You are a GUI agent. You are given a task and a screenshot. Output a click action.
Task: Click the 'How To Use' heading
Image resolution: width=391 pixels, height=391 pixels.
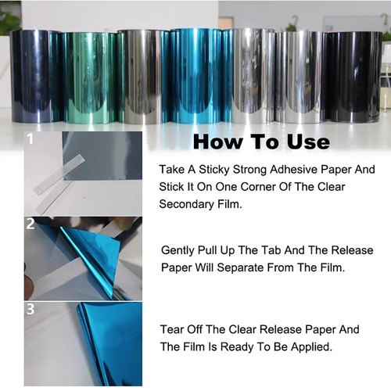(x=261, y=142)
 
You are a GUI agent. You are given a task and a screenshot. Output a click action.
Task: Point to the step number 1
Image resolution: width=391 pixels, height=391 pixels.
(x=30, y=141)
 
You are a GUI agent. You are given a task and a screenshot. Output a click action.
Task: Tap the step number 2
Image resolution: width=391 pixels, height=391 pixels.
(x=30, y=224)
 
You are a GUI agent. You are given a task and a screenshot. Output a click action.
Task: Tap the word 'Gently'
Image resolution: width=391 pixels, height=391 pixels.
(x=181, y=251)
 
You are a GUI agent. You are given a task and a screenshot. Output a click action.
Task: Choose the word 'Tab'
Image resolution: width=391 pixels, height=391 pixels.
(x=291, y=251)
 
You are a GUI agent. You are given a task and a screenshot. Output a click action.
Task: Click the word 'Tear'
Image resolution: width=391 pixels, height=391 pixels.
(x=172, y=328)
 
